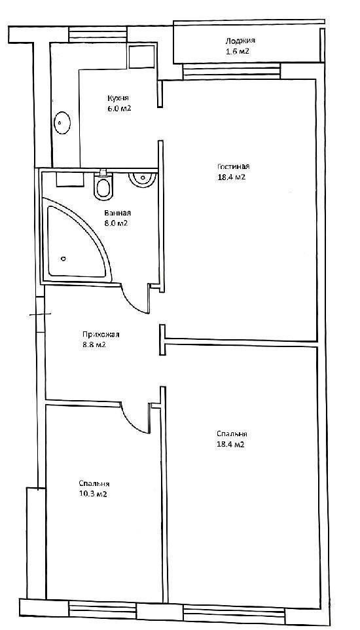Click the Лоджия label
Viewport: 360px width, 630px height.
[240, 41]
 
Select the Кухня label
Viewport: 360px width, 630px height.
[118, 98]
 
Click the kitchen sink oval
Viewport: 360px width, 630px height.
[62, 122]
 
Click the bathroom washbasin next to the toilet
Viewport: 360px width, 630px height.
[141, 179]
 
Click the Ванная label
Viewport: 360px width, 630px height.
[116, 213]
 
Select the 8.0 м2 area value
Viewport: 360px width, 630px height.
[116, 223]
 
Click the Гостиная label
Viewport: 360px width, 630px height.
[234, 167]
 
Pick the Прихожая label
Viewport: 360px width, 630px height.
[101, 334]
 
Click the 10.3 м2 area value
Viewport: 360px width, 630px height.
[93, 494]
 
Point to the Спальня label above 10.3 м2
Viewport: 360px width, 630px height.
[94, 484]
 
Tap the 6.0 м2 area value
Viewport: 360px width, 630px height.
[119, 109]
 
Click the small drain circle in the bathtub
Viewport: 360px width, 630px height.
[63, 258]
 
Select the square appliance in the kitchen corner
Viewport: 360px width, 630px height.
[142, 57]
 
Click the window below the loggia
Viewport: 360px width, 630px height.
[231, 72]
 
